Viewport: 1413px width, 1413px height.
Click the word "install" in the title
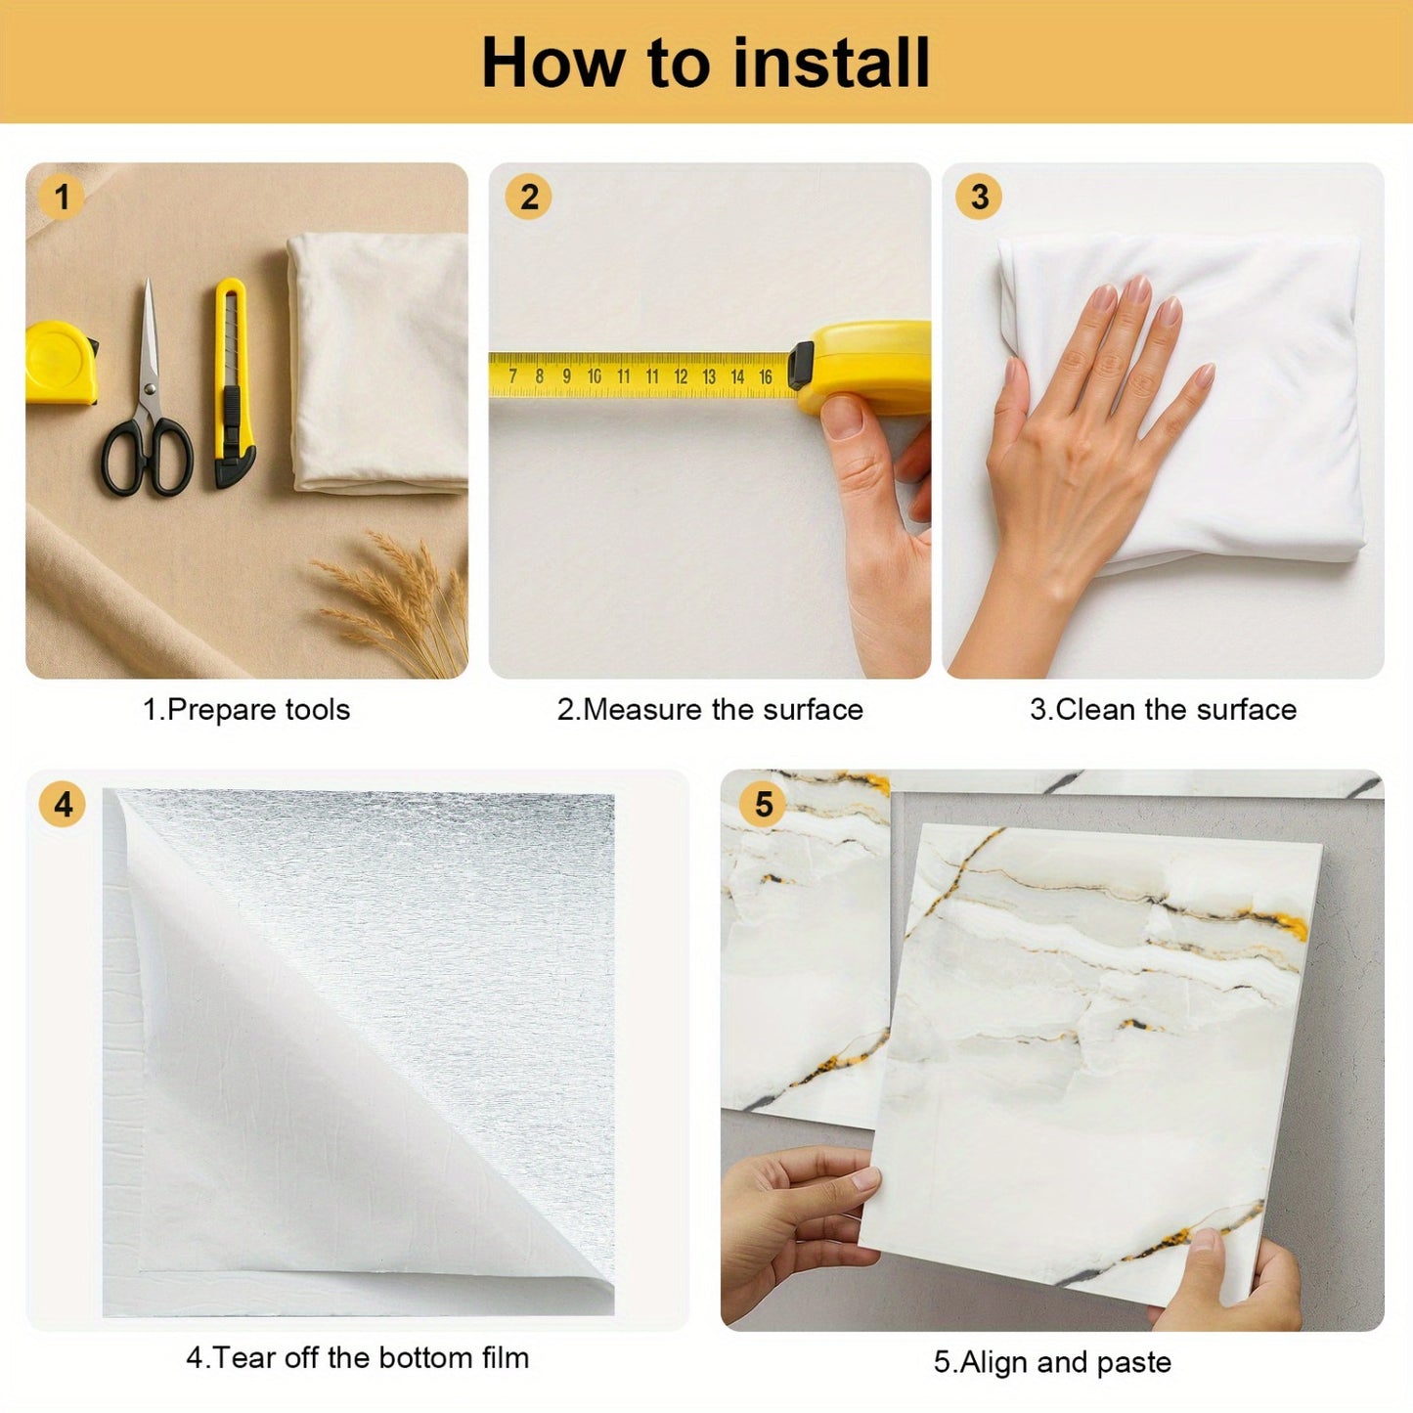pos(831,63)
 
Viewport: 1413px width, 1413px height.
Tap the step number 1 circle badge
pos(62,197)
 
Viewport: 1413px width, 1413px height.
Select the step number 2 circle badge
pos(529,197)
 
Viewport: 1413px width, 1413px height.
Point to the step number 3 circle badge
pos(980,197)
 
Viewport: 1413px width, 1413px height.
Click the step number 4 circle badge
pos(63,805)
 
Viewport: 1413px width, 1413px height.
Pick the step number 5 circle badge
pos(764,805)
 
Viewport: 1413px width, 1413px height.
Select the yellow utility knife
pos(234,382)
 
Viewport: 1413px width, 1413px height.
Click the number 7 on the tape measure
pos(512,376)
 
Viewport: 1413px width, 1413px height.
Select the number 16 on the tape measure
pos(765,376)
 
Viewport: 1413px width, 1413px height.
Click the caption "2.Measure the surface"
pos(710,710)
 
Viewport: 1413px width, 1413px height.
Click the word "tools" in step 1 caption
pos(318,710)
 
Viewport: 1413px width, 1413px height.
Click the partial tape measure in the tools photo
pos(62,362)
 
